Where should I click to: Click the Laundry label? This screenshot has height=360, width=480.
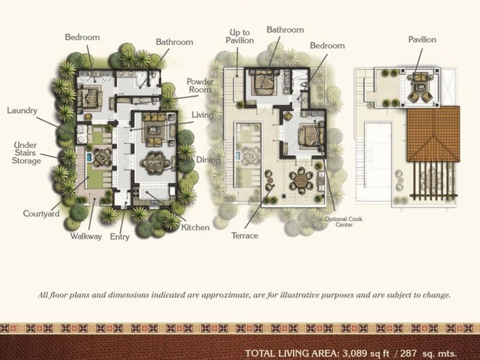coord(22,110)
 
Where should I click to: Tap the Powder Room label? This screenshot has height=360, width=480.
coord(200,86)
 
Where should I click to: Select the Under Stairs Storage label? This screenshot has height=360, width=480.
coord(26,153)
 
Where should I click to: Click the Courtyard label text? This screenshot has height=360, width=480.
coord(41,214)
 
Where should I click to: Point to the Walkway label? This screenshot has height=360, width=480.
coord(86,237)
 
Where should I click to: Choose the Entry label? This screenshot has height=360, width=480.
coord(119,237)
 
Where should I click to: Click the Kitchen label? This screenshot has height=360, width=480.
coord(195,227)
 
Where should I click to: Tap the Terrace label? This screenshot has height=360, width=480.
coord(245,235)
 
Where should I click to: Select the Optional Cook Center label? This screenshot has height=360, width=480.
coord(343,222)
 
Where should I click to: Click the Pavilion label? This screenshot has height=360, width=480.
coord(422,39)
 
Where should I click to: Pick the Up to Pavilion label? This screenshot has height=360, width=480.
coord(239,37)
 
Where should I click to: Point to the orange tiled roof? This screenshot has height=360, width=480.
coord(433,134)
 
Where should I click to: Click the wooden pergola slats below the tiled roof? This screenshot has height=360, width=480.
coord(433,181)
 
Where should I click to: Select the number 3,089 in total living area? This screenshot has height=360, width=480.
coord(355,353)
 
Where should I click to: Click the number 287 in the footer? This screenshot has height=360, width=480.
coord(408,353)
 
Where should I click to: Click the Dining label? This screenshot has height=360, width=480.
coord(208,160)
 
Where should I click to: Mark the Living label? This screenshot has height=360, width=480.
coord(202,115)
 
